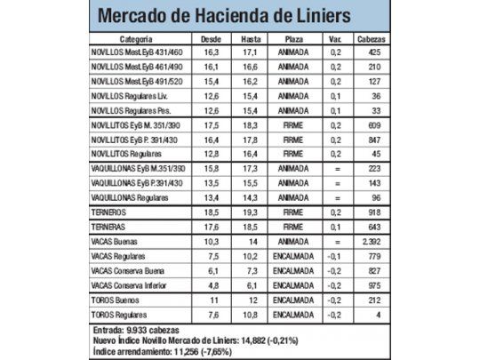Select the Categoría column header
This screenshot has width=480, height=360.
tap(140, 40)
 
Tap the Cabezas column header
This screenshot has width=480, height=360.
tap(371, 40)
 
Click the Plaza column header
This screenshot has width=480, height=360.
tap(293, 40)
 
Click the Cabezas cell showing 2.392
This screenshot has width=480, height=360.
tap(372, 241)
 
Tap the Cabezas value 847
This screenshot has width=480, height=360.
tap(373, 140)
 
